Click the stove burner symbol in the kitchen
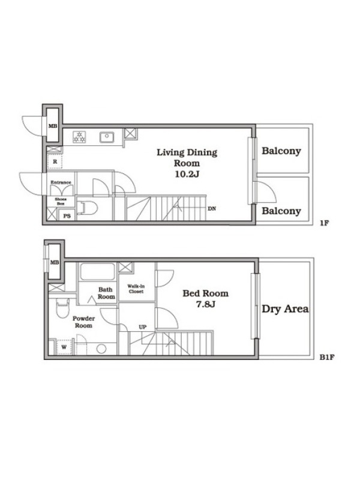[79, 137]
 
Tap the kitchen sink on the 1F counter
[107, 137]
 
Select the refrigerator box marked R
[55, 161]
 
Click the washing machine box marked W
[64, 347]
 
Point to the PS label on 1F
[67, 216]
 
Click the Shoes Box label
[61, 201]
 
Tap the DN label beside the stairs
[212, 209]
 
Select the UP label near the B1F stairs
[143, 327]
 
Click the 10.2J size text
[187, 174]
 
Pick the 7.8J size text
[205, 304]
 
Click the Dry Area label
[285, 309]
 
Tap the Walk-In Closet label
[136, 289]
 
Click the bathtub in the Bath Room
[97, 272]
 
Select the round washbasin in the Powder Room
[101, 349]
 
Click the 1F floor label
[324, 223]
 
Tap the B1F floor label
[327, 357]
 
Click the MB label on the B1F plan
[55, 262]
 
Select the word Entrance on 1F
[61, 182]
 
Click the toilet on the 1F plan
[88, 208]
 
